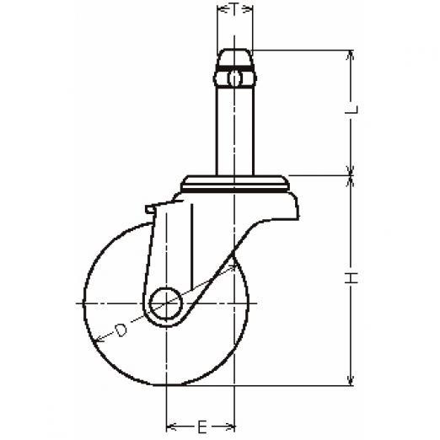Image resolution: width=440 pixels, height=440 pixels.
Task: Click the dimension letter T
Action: (235, 9)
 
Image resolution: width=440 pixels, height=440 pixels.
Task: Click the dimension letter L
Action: (352, 110)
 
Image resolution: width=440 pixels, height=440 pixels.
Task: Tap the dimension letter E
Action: (202, 427)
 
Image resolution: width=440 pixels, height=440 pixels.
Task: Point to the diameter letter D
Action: (121, 330)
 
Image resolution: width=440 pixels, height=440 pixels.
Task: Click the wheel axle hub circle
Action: (165, 303)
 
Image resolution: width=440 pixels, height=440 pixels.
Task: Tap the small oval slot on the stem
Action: (234, 78)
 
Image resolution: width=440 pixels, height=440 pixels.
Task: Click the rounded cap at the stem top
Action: (235, 57)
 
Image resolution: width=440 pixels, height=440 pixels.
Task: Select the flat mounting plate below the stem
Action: (235, 184)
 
